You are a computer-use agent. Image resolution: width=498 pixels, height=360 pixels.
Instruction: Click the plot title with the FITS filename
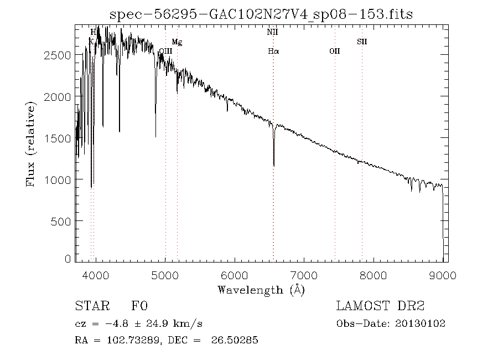(261, 14)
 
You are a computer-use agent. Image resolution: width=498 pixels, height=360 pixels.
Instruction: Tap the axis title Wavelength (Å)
(261, 289)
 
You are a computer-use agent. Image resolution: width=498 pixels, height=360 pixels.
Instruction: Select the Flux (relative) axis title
(32, 143)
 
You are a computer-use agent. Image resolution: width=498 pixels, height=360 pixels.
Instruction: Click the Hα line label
(273, 51)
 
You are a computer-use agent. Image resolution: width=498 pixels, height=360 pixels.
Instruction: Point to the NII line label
(272, 33)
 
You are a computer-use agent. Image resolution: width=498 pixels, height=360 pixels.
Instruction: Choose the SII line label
(362, 42)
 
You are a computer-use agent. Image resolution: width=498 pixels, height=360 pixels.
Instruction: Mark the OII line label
(334, 51)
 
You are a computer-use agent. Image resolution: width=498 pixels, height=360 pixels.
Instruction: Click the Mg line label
(177, 42)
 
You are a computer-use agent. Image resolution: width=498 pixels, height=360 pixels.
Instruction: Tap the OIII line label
(165, 51)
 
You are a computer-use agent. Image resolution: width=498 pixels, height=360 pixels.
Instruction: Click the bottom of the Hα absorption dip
(274, 164)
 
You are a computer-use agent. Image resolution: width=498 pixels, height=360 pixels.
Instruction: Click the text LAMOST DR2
(380, 306)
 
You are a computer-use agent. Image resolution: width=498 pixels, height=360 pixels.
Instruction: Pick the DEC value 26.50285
(235, 340)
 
